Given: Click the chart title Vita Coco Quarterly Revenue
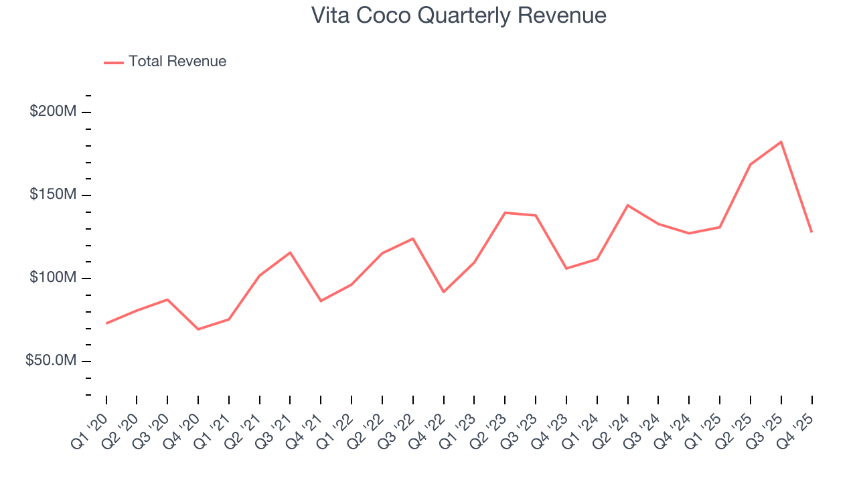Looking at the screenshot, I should click(459, 15).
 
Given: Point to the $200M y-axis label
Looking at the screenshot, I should click(53, 112).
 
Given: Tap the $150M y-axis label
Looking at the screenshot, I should click(53, 195).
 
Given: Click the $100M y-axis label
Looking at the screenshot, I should click(53, 278).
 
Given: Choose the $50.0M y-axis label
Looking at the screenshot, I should click(51, 361).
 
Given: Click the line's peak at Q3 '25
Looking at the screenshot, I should click(781, 142).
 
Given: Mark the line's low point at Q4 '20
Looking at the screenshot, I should click(198, 329).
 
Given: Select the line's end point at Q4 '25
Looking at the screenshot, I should click(811, 232).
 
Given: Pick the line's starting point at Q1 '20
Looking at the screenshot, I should click(106, 323).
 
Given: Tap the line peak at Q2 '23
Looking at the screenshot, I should click(505, 213).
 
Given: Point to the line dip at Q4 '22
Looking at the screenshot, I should click(443, 292).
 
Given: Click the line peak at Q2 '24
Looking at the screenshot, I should click(627, 205).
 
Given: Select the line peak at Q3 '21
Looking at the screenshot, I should click(290, 252).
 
